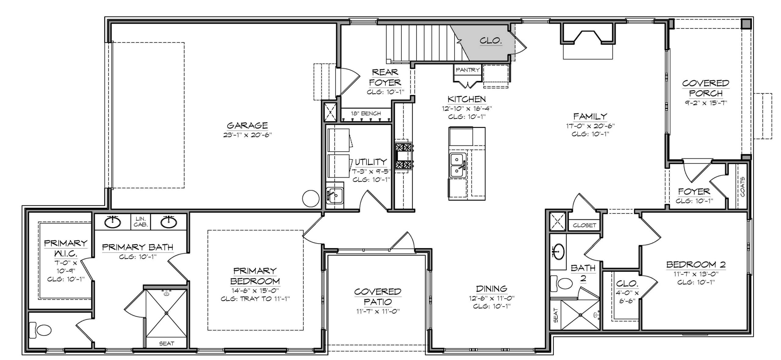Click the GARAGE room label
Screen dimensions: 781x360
pyautogui.click(x=247, y=125)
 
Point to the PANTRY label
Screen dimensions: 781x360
pyautogui.click(x=467, y=70)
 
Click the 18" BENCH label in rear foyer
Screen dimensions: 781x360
pyautogui.click(x=365, y=113)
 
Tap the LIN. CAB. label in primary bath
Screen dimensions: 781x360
pyautogui.click(x=141, y=222)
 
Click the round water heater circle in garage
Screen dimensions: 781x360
pyautogui.click(x=311, y=198)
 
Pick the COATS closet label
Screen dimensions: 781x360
pyautogui.click(x=742, y=186)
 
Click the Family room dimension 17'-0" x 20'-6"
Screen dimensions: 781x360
pyautogui.click(x=590, y=125)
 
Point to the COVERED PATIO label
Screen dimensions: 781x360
pyautogui.click(x=378, y=297)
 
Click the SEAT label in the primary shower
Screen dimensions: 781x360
pyautogui.click(x=167, y=343)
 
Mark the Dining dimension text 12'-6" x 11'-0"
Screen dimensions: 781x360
pyautogui.click(x=491, y=298)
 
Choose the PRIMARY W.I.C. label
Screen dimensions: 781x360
pyautogui.click(x=66, y=248)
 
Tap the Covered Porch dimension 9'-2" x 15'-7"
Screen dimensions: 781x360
pyautogui.click(x=705, y=103)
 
